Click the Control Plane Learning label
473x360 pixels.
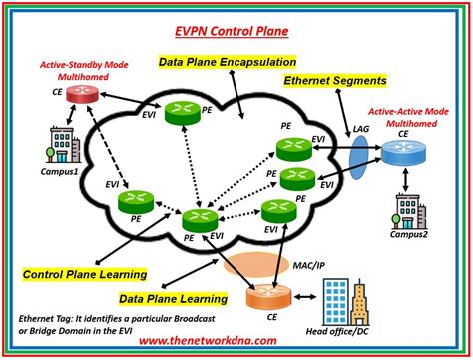pyautogui.click(x=84, y=273)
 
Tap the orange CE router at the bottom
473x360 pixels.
pyautogui.click(x=266, y=298)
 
